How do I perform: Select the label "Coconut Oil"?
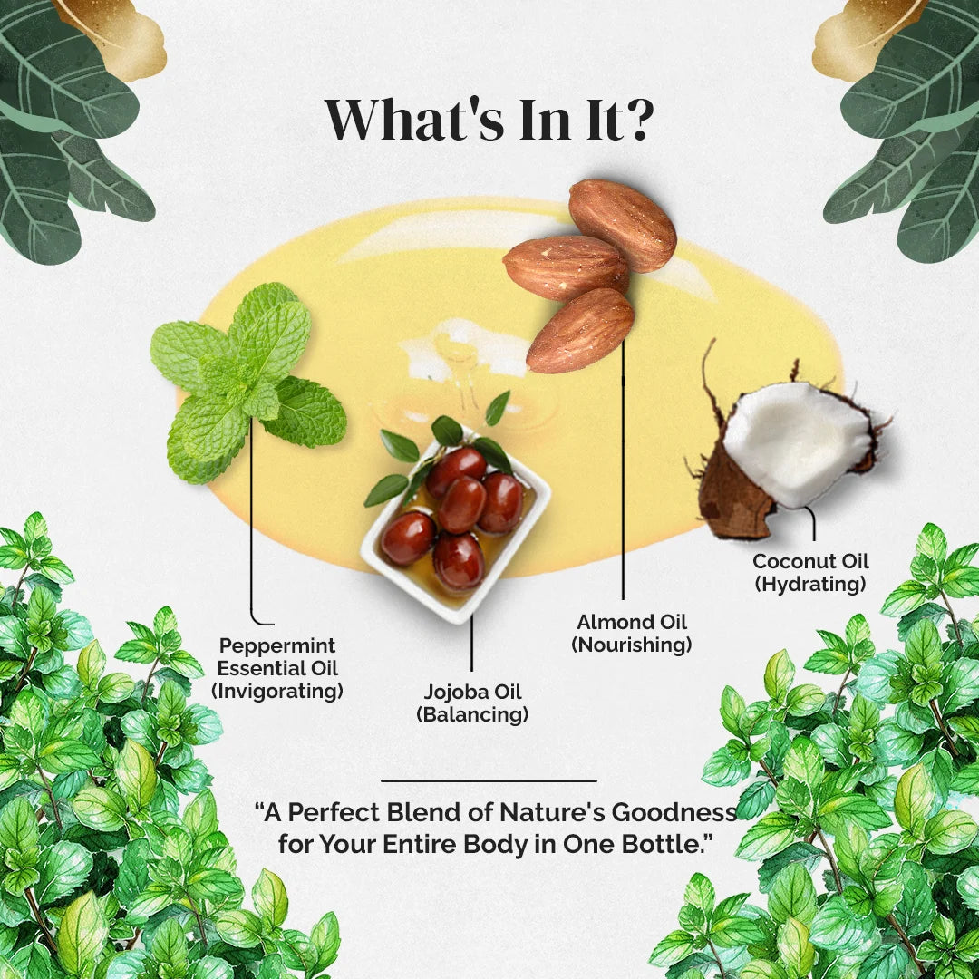coord(810,561)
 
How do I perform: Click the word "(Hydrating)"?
coord(810,585)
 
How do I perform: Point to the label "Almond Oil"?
coord(631,622)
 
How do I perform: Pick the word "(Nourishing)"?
coord(631,645)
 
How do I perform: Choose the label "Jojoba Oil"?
coord(472,691)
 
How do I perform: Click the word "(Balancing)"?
coord(472,714)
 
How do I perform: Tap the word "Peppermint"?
coord(277,645)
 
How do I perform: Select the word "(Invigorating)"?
coord(277,691)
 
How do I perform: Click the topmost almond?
coord(623,225)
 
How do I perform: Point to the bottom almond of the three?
coord(580,330)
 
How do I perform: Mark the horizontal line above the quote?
coord(489,780)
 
